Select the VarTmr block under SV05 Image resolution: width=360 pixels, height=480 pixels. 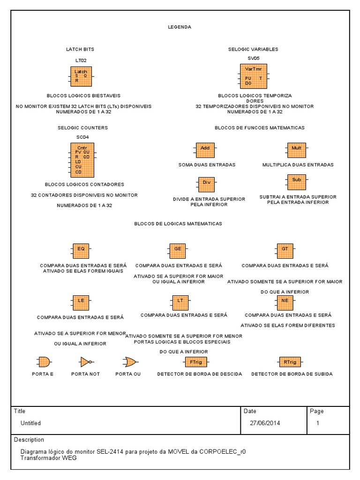pyautogui.click(x=254, y=76)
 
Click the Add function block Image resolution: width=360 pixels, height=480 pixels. pyautogui.click(x=205, y=148)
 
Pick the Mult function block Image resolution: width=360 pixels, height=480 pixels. pyautogui.click(x=296, y=148)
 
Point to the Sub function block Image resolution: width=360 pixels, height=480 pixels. pyautogui.click(x=296, y=180)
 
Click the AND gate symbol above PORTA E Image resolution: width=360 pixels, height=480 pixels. pyautogui.click(x=43, y=362)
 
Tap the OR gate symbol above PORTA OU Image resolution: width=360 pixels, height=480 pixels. pyautogui.click(x=129, y=362)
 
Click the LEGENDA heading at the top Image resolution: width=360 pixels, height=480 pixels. pyautogui.click(x=180, y=27)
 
